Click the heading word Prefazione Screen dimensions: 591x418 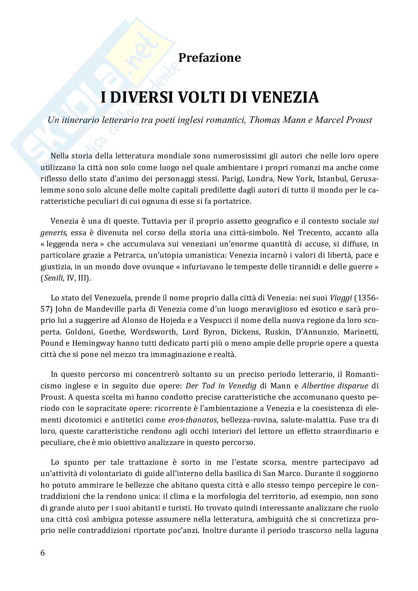(209, 58)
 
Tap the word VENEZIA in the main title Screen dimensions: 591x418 (285, 97)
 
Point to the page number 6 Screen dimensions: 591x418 (42, 553)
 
